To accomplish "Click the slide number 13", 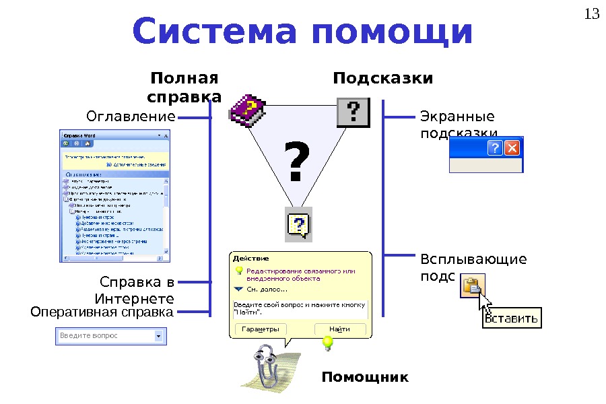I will pos(592,14).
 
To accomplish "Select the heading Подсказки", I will pos(383,79).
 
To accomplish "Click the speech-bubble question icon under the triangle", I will pos(299,224).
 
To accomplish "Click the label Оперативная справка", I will pos(102,312).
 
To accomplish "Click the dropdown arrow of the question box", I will pos(159,335).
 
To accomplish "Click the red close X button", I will pos(512,148).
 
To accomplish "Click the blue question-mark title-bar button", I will pos(495,148).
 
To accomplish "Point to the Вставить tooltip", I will pos(512,318).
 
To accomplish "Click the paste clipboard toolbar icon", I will pos(471,287).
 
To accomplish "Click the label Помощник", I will pos(364,376).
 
